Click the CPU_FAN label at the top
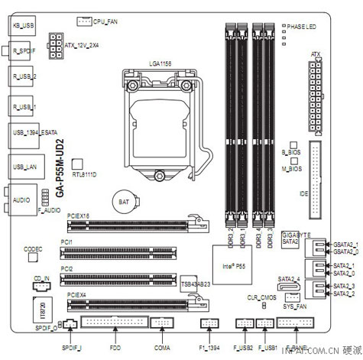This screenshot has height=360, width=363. click(x=106, y=24)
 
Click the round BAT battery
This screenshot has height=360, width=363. click(x=122, y=201)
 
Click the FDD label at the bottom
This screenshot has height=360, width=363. click(x=115, y=348)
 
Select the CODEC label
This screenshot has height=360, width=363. click(x=33, y=248)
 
